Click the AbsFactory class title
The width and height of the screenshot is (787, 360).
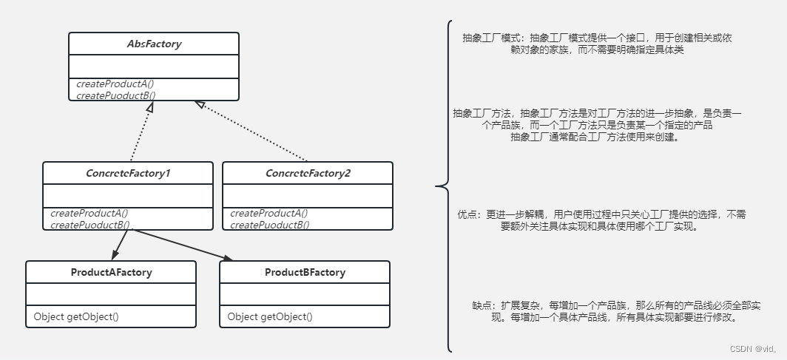(x=154, y=44)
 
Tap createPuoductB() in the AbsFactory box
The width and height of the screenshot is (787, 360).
(x=115, y=95)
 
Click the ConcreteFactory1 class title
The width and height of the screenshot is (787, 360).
(x=128, y=173)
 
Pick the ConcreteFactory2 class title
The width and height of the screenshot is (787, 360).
(x=308, y=173)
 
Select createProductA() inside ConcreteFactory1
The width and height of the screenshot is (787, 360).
(x=89, y=214)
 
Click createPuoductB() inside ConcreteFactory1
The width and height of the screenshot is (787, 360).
(x=90, y=225)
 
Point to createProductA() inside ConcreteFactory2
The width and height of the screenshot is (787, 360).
(x=269, y=214)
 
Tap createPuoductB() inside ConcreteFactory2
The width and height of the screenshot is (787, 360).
(x=270, y=225)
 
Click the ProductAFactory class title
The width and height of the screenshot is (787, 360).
(x=111, y=272)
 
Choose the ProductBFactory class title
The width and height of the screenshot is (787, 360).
(x=305, y=272)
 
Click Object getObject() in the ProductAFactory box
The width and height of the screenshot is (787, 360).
(x=76, y=316)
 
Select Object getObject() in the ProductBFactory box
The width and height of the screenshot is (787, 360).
(x=270, y=316)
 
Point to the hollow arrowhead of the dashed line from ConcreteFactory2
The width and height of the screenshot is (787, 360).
(x=199, y=105)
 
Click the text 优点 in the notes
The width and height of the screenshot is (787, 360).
(x=469, y=214)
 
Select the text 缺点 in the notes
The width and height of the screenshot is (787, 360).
(x=482, y=305)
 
